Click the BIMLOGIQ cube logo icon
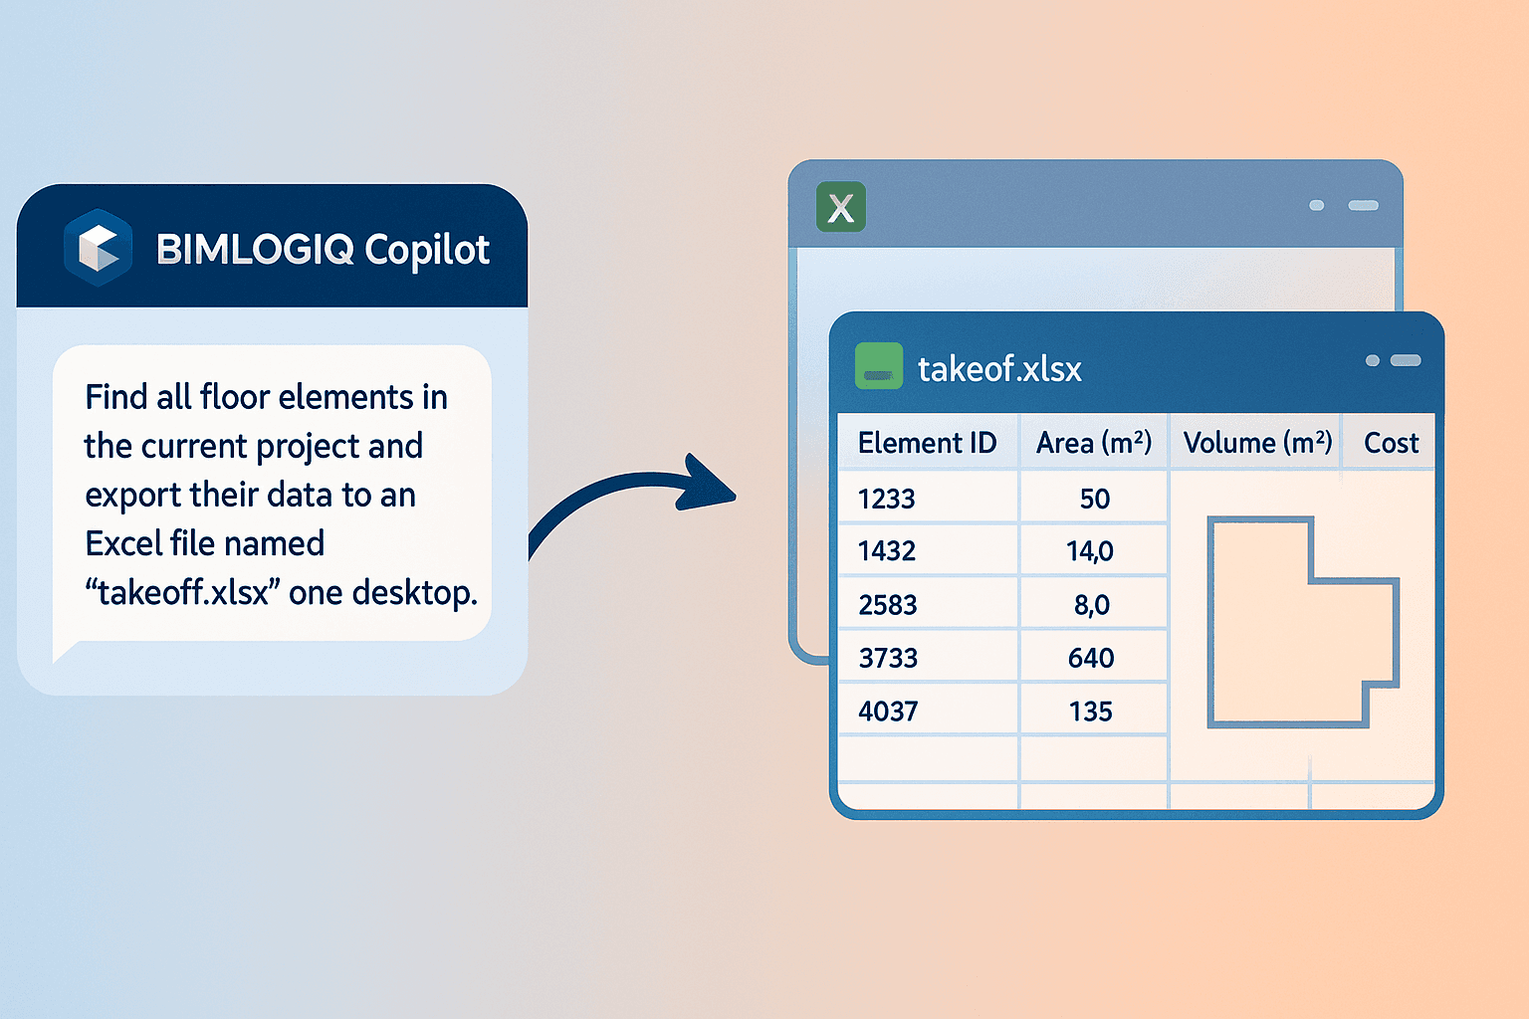coord(98,247)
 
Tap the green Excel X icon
coord(841,207)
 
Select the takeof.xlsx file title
coord(999,369)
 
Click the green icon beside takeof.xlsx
coord(879,366)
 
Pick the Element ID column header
coord(927,443)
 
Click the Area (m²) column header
coord(1094,443)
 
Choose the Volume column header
coord(1257,443)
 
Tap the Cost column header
coord(1391,443)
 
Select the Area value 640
coord(1091,658)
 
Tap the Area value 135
coord(1091,712)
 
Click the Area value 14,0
coord(1090,550)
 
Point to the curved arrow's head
coord(710,485)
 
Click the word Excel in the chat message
coord(121,544)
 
